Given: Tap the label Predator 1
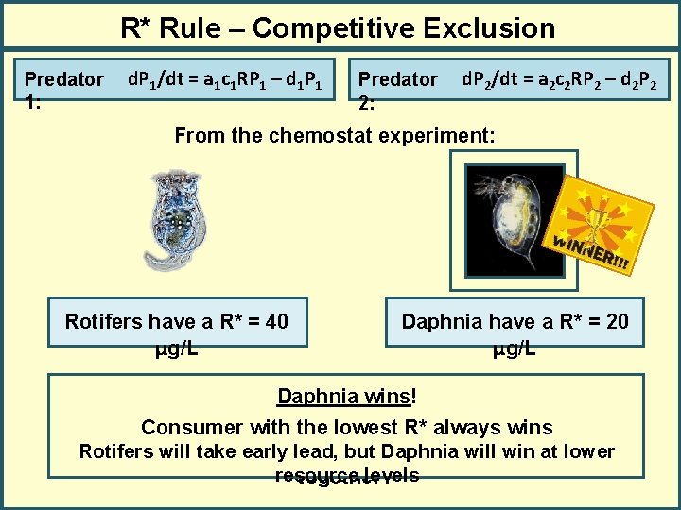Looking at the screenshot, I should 63,89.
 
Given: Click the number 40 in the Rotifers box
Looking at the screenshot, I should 276,322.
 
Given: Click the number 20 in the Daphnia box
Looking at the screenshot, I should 617,322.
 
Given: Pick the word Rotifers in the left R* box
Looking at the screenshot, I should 103,322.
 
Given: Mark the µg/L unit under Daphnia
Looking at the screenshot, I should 515,348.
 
